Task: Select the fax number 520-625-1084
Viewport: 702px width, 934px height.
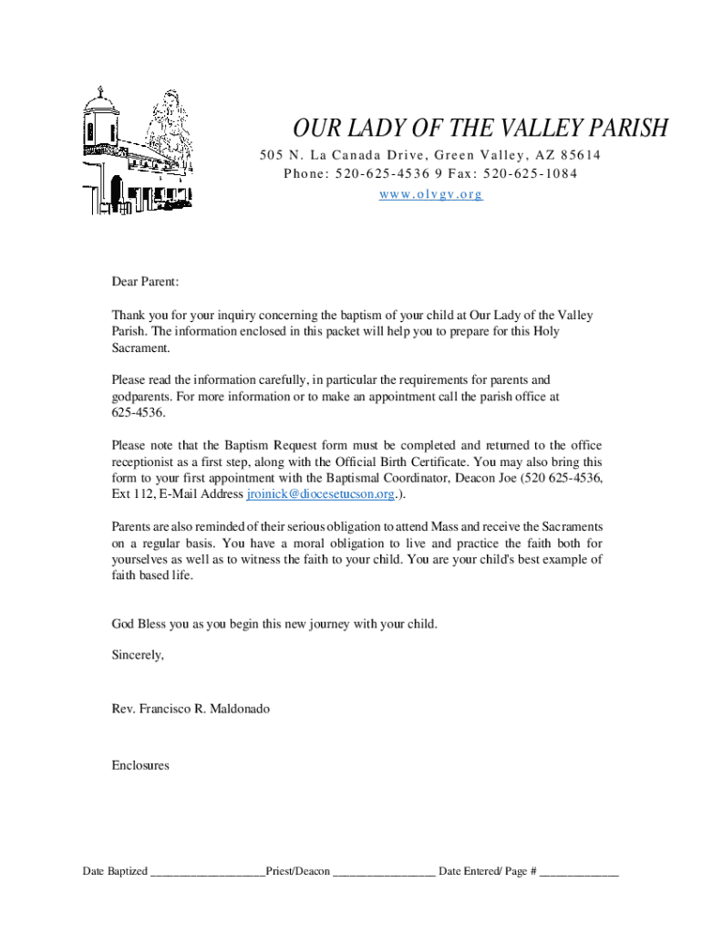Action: [530, 174]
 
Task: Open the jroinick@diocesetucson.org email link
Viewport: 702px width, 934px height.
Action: [320, 494]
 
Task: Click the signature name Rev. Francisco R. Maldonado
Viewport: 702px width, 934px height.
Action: [191, 708]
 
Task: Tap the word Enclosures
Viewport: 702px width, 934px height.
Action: [140, 766]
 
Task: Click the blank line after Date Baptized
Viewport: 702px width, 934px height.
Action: [208, 873]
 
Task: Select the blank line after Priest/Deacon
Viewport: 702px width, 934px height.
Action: [384, 873]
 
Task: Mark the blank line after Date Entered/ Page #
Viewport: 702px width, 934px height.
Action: [579, 873]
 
